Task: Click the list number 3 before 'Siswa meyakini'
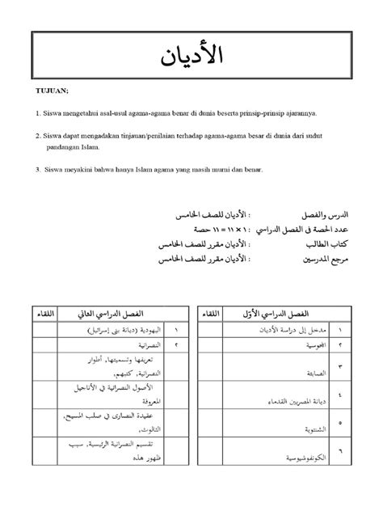pos(38,169)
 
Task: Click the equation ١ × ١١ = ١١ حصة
pos(213,230)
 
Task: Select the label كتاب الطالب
pos(327,243)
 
